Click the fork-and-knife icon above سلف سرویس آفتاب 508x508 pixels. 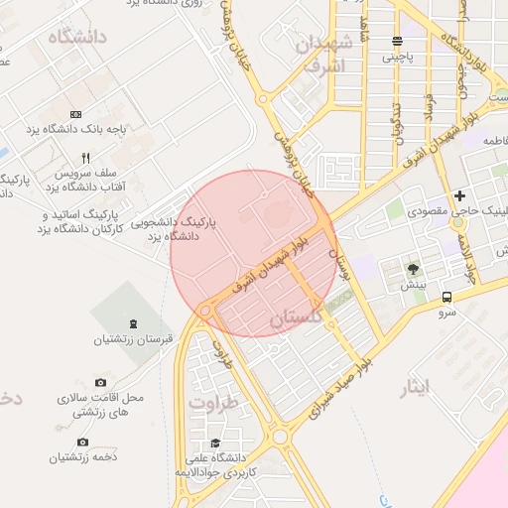pos(86,158)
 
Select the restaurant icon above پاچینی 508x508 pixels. pos(397,42)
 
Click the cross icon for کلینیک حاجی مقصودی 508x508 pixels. pos(459,196)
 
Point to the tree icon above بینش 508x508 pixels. pos(413,270)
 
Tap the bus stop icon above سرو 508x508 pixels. pos(447,296)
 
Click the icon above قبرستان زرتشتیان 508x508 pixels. pos(134,324)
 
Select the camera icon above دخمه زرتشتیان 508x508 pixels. pos(82,442)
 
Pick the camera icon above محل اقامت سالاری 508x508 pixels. pos(100,382)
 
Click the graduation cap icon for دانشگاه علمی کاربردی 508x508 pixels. pos(214,444)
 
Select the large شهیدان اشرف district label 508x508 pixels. pos(322,56)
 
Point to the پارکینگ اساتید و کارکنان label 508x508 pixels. pos(82,221)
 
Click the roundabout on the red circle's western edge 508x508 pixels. pos(205,311)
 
